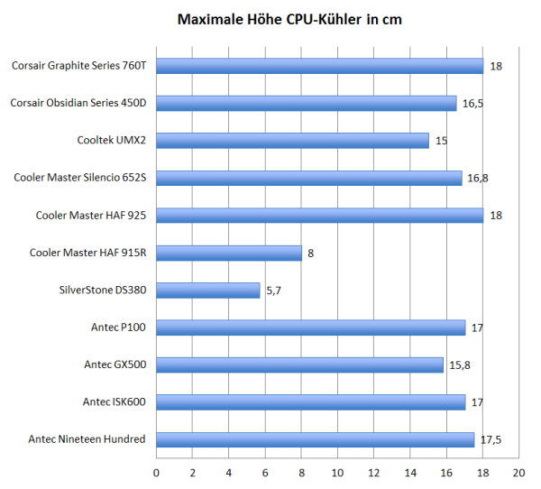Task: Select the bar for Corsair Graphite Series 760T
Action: point(319,66)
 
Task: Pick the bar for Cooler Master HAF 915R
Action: point(229,253)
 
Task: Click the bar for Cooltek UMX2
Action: point(292,141)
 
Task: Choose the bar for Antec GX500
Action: point(299,364)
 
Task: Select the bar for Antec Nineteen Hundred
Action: point(315,439)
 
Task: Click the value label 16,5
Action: point(472,104)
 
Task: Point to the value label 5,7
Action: point(274,291)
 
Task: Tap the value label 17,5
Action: point(491,439)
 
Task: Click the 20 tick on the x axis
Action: point(518,473)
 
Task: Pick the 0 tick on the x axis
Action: point(157,473)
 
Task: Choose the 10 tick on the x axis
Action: point(337,473)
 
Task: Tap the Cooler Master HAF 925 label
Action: point(91,215)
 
